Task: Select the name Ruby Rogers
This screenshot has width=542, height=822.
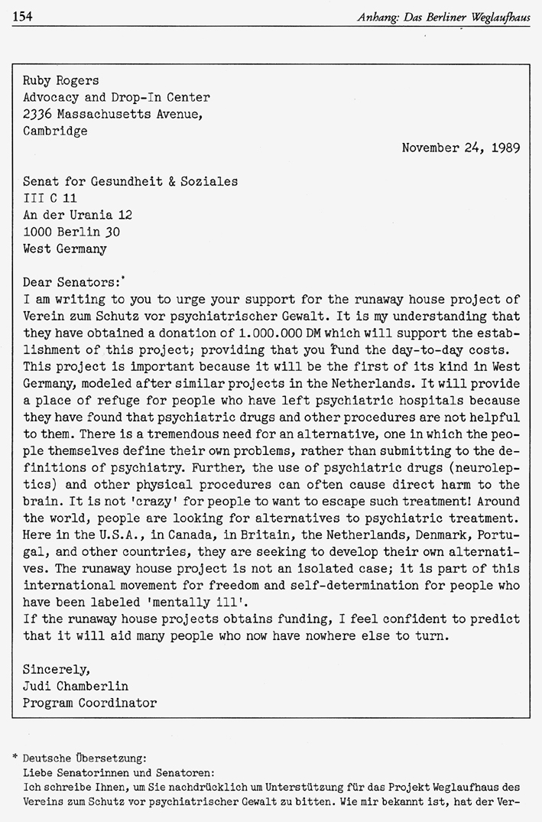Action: pos(61,80)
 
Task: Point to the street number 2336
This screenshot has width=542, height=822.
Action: pos(37,114)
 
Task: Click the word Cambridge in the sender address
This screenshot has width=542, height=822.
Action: pos(55,131)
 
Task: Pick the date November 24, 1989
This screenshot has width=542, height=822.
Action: pos(461,148)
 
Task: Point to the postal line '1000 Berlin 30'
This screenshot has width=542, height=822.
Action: pos(71,232)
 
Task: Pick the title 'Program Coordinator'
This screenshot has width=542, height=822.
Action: pos(89,703)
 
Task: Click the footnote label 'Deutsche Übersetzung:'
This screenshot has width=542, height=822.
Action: pos(84,758)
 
